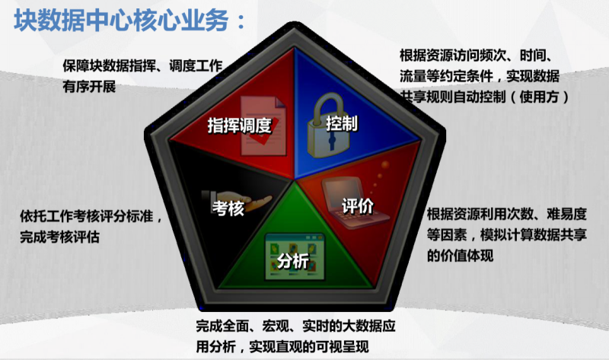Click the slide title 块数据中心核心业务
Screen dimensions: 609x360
pos(121,21)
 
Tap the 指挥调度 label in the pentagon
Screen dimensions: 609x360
pos(239,126)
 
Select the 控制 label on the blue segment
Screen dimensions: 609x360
pos(342,123)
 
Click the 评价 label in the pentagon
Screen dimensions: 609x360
pos(358,205)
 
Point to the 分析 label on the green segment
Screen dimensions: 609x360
pos(293,260)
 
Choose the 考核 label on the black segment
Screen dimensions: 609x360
pos(228,208)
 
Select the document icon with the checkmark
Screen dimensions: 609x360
pos(263,126)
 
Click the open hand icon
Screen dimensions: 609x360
pos(237,201)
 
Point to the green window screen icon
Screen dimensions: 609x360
pos(295,256)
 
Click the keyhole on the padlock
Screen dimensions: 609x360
pos(332,142)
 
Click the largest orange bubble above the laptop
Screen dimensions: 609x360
pos(385,165)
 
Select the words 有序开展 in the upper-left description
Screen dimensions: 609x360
pos(89,86)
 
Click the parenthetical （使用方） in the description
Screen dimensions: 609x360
pos(540,97)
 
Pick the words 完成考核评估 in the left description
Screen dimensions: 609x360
pos(60,237)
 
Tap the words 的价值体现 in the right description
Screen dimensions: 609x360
pos(461,256)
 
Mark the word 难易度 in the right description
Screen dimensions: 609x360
pos(566,214)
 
